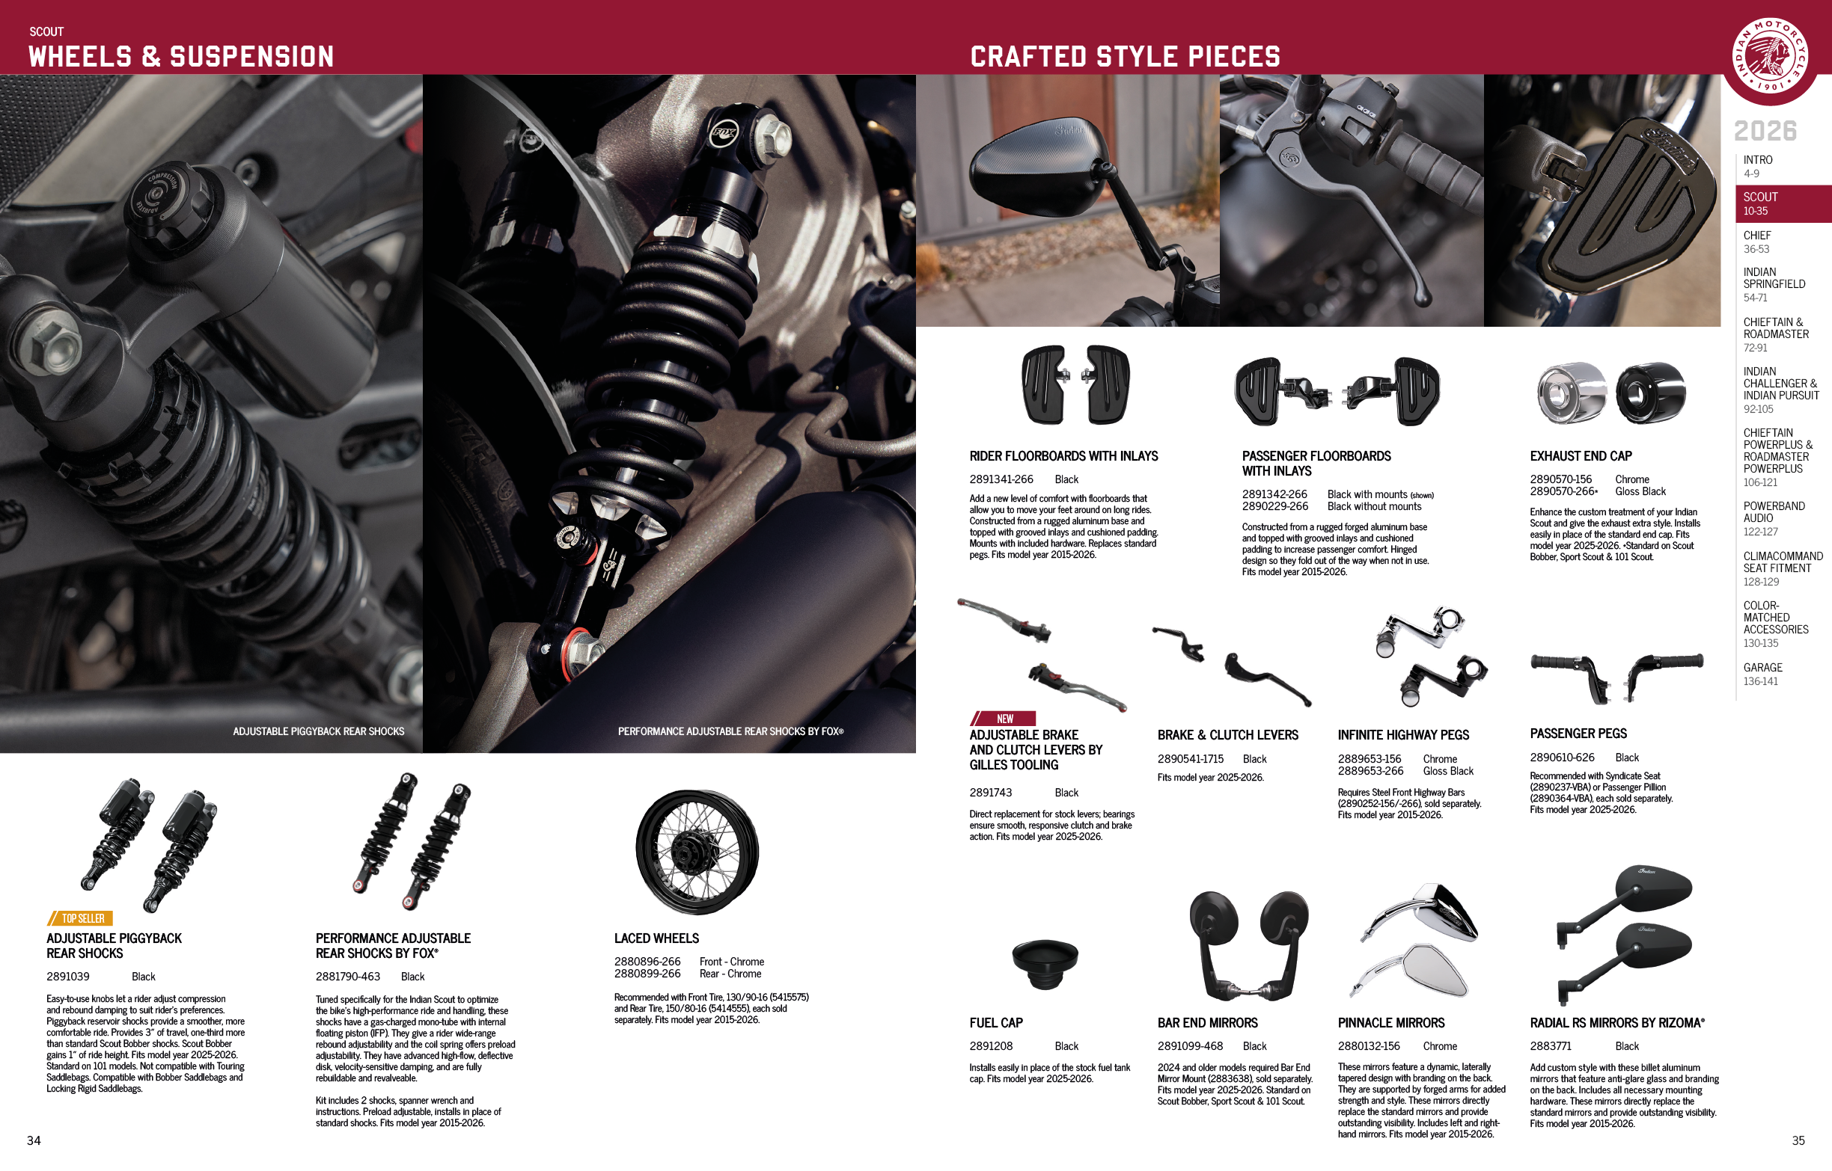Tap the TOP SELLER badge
click(81, 918)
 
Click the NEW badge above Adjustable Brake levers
click(1004, 719)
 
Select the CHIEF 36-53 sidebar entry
click(1757, 242)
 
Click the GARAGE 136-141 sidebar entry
click(1762, 674)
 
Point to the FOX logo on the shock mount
click(724, 134)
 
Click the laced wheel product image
click(697, 852)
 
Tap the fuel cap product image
click(1045, 962)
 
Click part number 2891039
click(67, 977)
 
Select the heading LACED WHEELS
click(656, 938)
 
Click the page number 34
click(34, 1140)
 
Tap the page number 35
click(1798, 1140)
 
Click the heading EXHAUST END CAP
click(1581, 456)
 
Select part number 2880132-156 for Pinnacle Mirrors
click(1369, 1046)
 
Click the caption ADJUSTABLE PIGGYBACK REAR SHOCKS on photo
click(318, 731)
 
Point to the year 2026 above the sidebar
click(1765, 131)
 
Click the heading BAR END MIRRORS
click(1207, 1023)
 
